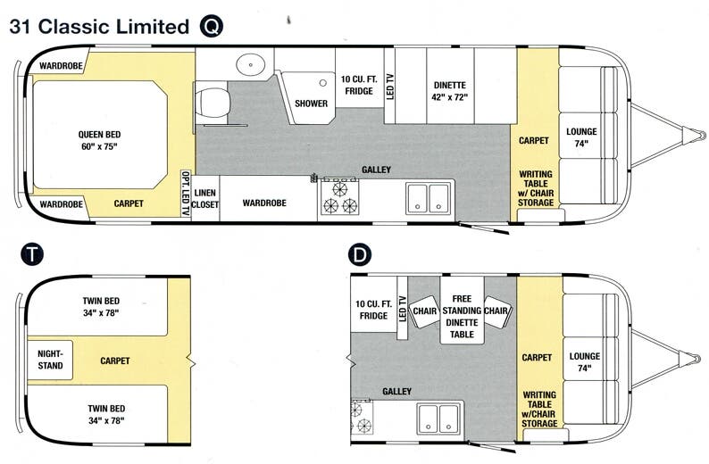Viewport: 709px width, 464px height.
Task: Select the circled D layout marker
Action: (x=359, y=254)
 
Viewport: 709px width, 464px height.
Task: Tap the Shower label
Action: (x=311, y=104)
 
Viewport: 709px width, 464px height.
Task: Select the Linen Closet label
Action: (x=205, y=198)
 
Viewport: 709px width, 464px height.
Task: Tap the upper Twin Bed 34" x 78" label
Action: (x=100, y=307)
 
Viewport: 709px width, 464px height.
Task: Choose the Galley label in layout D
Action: (x=396, y=391)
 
